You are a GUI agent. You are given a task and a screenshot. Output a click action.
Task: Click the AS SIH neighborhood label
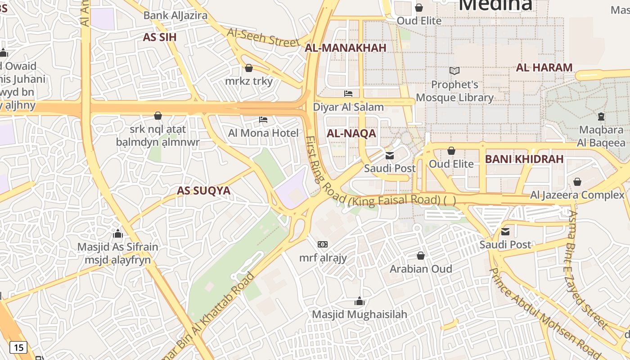pos(160,37)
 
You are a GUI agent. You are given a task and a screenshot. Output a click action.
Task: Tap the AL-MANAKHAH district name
pos(346,48)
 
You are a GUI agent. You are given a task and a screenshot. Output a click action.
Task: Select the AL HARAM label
pos(544,68)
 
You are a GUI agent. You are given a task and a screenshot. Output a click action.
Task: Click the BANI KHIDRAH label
pos(524,159)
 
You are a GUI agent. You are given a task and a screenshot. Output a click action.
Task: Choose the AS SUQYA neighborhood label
pos(203,191)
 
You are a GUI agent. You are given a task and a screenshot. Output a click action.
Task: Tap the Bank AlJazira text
pos(175,16)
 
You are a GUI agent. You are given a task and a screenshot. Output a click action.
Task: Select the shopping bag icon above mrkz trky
pos(249,68)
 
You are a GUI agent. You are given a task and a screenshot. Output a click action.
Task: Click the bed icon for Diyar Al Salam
pos(348,94)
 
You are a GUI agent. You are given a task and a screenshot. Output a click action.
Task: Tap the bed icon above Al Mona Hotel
pos(263,120)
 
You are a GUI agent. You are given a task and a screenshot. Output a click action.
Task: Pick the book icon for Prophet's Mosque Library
pos(454,71)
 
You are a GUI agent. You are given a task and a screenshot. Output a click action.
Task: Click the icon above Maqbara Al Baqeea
pos(601,117)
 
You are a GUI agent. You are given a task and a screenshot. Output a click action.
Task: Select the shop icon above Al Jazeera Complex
pos(577,182)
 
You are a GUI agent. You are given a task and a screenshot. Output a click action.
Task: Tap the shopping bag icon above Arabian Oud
pos(421,256)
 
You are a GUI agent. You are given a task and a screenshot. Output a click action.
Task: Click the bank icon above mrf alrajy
pos(323,244)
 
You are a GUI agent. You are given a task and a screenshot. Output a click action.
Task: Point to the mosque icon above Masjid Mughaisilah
pos(359,301)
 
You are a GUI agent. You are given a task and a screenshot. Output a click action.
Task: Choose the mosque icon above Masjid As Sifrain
pos(118,234)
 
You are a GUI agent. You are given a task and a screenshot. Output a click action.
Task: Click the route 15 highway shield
pos(18,347)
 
